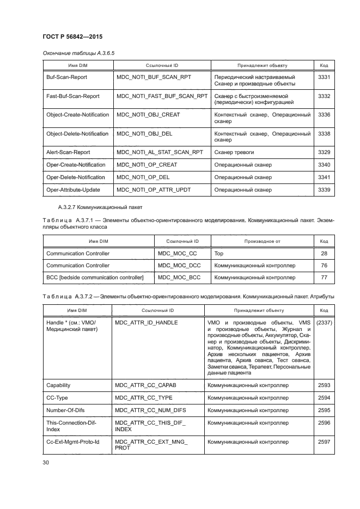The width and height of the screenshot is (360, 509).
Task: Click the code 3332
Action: point(324,96)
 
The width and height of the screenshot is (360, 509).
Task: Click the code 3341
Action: point(324,177)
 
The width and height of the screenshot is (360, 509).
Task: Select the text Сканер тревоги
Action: point(234,152)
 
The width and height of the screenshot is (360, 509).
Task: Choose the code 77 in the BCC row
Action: point(324,277)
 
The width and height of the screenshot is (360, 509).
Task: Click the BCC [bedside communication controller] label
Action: point(95,277)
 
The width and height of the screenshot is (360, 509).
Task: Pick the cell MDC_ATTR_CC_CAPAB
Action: point(145,385)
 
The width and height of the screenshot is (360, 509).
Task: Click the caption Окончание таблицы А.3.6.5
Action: point(78,52)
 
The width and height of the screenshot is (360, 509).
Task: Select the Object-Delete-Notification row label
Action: point(77,133)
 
